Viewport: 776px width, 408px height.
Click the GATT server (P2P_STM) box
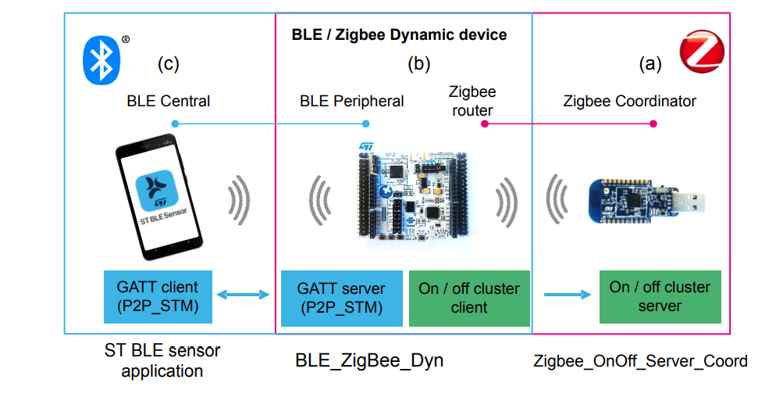(340, 298)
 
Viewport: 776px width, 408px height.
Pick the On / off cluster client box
(469, 298)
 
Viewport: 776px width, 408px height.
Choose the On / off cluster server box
(660, 296)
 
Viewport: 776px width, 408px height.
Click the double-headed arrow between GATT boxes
(242, 295)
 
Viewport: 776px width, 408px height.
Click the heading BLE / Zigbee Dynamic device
(399, 35)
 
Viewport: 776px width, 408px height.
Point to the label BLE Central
(168, 101)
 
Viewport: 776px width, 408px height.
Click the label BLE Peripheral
(352, 101)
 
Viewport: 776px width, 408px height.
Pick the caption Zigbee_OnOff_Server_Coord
(640, 360)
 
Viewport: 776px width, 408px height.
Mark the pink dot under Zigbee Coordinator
(653, 123)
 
